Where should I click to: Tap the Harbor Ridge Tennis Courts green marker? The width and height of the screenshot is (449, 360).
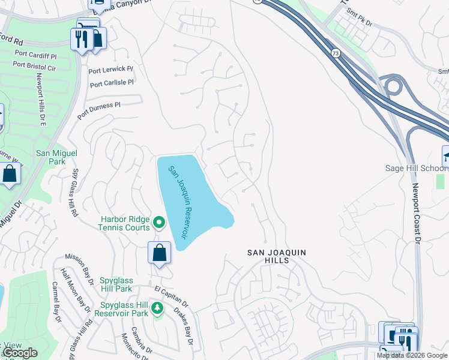click(159, 223)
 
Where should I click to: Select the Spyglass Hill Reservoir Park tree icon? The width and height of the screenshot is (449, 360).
click(157, 308)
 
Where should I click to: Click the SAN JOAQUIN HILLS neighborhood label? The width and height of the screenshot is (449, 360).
click(277, 257)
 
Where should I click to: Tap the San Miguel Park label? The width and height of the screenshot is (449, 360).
click(57, 157)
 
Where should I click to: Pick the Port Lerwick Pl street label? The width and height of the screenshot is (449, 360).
click(110, 70)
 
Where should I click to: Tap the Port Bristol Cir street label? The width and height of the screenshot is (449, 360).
click(34, 66)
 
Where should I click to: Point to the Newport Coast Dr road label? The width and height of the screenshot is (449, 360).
click(416, 213)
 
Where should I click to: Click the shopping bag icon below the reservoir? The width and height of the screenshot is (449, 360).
click(160, 253)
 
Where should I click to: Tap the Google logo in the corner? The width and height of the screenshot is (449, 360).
click(20, 353)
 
